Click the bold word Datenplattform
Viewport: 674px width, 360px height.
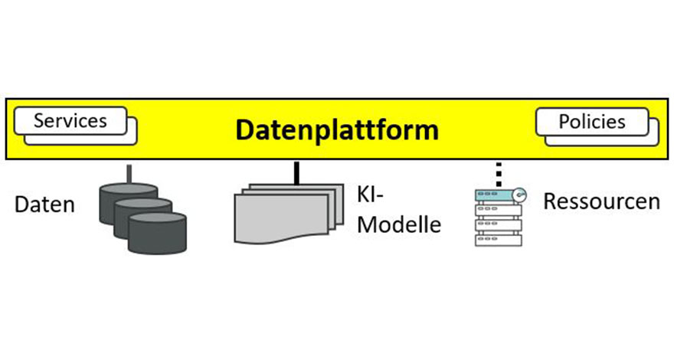(337, 130)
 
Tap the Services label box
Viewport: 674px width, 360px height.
(70, 121)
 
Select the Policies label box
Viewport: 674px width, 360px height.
(592, 122)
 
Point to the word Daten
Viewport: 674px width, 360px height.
(44, 205)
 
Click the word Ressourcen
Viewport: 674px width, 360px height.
(601, 201)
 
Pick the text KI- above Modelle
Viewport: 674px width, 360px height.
(370, 195)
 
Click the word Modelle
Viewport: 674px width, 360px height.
(399, 224)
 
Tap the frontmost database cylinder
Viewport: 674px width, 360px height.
(157, 233)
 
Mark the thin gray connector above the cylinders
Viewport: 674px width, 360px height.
(129, 173)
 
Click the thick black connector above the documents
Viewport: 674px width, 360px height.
(296, 173)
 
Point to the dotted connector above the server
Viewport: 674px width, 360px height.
(499, 174)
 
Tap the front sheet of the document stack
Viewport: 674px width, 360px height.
(282, 218)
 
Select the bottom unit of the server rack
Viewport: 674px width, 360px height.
(498, 240)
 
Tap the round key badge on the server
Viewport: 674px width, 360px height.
(519, 195)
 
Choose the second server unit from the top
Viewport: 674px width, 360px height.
(498, 210)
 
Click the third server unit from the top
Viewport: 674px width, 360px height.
(498, 225)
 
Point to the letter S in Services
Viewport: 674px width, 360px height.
(39, 121)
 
